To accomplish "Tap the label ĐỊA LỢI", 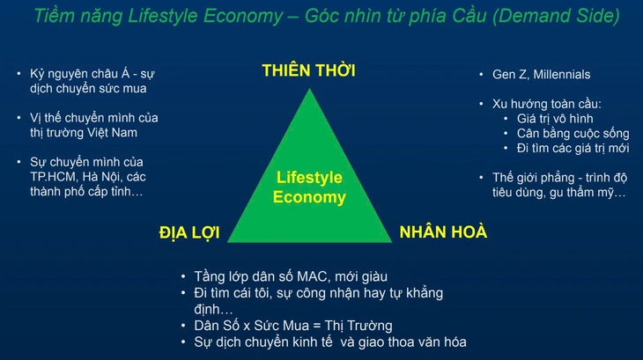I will click(188, 233).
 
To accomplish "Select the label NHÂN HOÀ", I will click(443, 233).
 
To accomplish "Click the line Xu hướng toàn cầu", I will click(540, 103).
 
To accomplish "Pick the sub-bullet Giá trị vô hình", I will click(555, 118).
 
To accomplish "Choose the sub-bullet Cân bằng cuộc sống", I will click(573, 133).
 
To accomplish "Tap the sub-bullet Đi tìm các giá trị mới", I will click(573, 148).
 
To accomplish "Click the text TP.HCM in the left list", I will click(44, 176).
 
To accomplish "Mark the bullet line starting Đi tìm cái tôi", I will click(317, 294).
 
